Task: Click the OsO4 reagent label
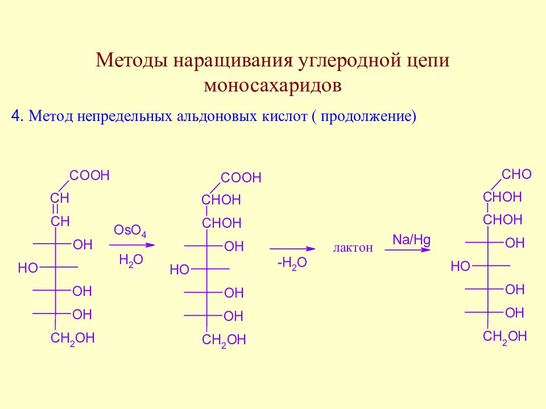tap(130, 231)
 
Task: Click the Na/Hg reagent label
tap(411, 240)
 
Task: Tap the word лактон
tap(353, 248)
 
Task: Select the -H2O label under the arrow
tap(292, 263)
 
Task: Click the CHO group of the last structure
tap(516, 174)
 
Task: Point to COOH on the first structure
tap(89, 176)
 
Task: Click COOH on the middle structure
tap(241, 178)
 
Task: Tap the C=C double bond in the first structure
tap(55, 210)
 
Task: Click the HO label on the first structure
tap(28, 268)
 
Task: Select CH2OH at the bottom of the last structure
tap(504, 337)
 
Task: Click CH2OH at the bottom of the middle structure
tap(224, 340)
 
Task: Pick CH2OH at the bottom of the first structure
tap(72, 339)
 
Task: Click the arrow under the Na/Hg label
tap(407, 250)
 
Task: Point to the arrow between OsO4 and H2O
tap(131, 245)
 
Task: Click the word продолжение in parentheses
tap(366, 116)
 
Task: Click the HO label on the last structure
tap(460, 267)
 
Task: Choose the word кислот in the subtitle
tap(285, 116)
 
